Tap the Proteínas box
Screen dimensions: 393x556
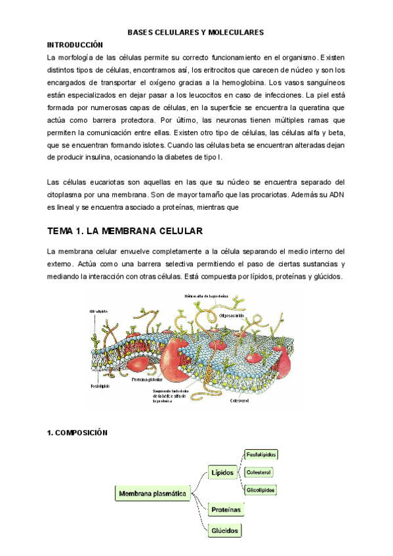tap(225, 509)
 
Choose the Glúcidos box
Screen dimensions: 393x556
tap(224, 530)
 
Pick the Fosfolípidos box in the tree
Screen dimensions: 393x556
tap(260, 454)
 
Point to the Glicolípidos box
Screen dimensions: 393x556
tap(260, 490)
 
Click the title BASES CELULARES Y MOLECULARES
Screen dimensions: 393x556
tap(196, 31)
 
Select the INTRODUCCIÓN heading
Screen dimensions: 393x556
tap(75, 45)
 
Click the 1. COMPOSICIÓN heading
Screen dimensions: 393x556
tap(82, 433)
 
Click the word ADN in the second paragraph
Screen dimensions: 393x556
tap(335, 195)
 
